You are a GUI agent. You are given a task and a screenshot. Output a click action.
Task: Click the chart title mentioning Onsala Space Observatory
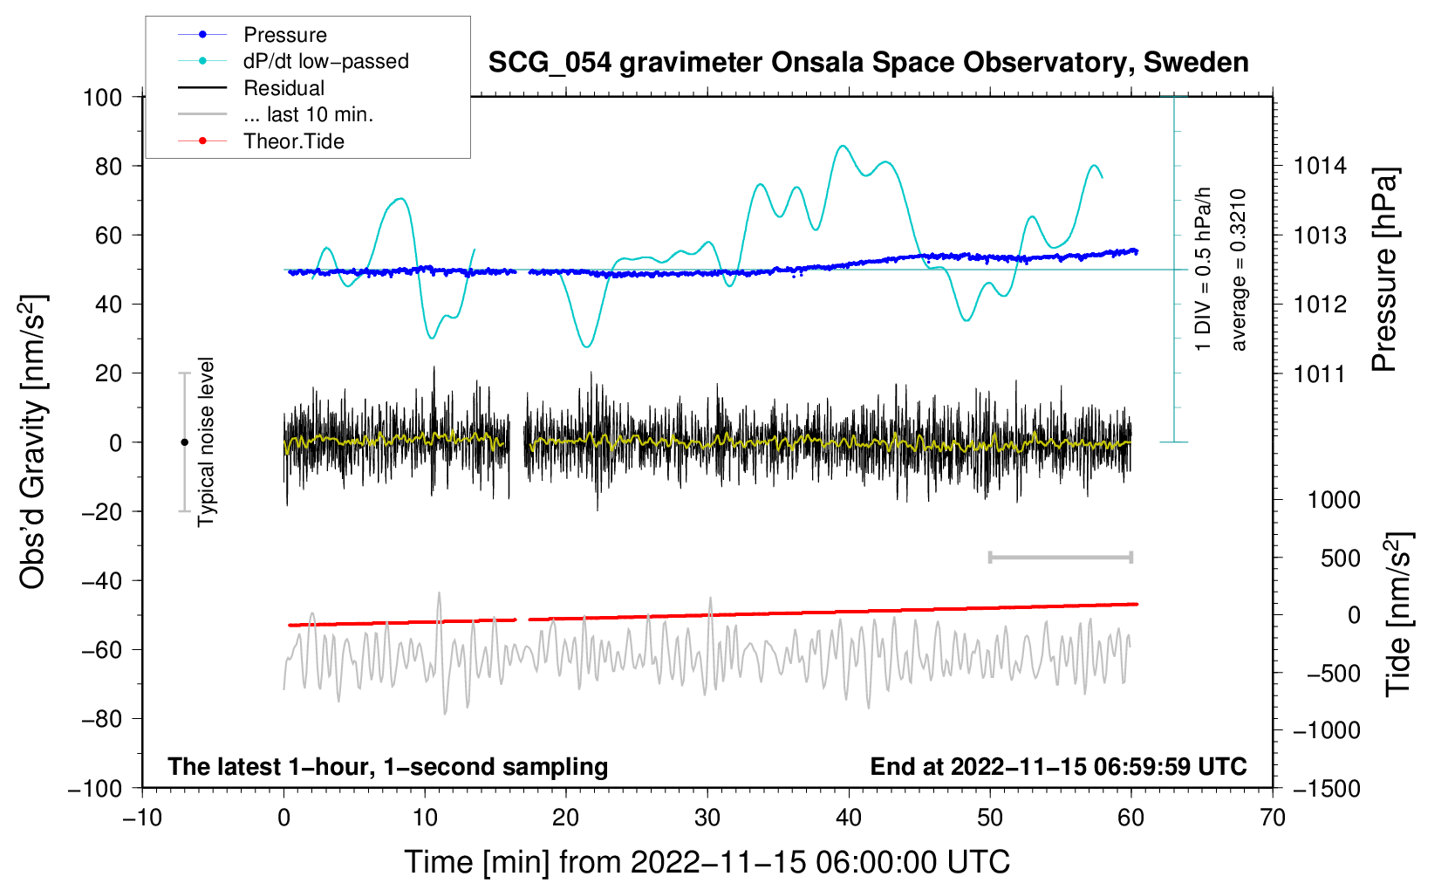click(x=868, y=63)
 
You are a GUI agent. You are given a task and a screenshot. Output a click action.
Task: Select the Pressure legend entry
click(x=284, y=35)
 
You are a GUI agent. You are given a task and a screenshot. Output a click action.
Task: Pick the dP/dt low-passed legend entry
click(x=325, y=61)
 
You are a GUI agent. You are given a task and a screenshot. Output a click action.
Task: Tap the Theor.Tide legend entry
click(x=293, y=141)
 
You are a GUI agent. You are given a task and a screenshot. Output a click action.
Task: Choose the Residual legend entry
click(x=283, y=88)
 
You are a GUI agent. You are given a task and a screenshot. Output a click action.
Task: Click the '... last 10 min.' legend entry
click(x=308, y=114)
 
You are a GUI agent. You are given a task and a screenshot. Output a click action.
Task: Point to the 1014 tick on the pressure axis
click(x=1320, y=166)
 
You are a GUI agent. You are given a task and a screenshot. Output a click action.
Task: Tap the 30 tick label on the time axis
click(x=707, y=818)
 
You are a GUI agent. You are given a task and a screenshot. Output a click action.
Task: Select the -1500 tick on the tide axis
click(x=1326, y=788)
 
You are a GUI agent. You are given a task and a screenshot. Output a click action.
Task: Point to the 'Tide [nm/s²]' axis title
click(x=1399, y=613)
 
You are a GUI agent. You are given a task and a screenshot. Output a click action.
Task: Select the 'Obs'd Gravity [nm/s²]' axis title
click(x=33, y=442)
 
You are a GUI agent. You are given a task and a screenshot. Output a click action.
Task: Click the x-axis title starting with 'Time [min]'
click(x=707, y=862)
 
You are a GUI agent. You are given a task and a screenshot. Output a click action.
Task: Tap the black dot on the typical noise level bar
click(x=184, y=442)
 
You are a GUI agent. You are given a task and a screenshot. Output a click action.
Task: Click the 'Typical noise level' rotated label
click(x=206, y=442)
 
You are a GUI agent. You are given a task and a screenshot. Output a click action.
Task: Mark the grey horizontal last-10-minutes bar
click(x=1060, y=557)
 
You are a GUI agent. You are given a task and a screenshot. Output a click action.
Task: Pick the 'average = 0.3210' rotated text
click(x=1239, y=270)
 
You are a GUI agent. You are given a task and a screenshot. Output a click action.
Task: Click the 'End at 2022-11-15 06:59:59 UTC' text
click(x=1058, y=766)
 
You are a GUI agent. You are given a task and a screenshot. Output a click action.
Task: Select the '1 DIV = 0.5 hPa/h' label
click(x=1204, y=269)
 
